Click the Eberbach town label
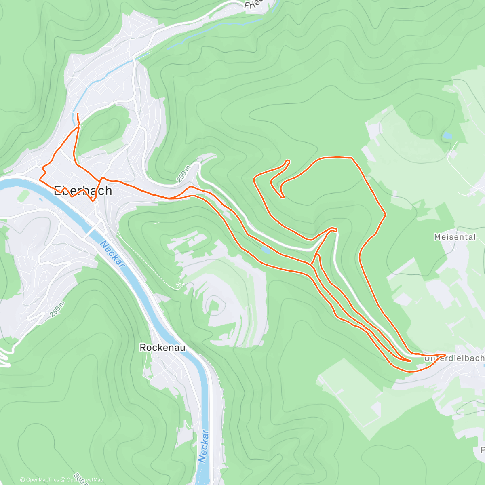coord(83,190)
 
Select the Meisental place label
coord(455,237)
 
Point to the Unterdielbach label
coord(454,358)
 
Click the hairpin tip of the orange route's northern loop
coord(288,161)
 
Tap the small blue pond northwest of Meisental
coord(447,136)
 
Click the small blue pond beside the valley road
coord(265,250)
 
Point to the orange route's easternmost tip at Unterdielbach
coord(445,355)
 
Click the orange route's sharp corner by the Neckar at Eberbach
coord(40,178)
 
